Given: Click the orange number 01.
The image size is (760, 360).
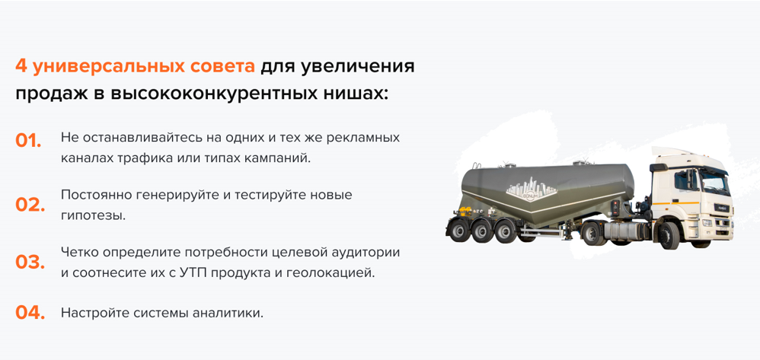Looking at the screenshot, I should (28, 141).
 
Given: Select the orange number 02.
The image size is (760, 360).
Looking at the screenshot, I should (30, 205).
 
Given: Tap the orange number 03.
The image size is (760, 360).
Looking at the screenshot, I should (30, 263).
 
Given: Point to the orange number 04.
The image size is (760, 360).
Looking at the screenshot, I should (30, 313).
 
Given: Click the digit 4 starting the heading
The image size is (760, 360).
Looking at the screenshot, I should (21, 66).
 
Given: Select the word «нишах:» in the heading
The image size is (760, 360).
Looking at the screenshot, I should (351, 94).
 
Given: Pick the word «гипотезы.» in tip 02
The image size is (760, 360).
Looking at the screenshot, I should (93, 215).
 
